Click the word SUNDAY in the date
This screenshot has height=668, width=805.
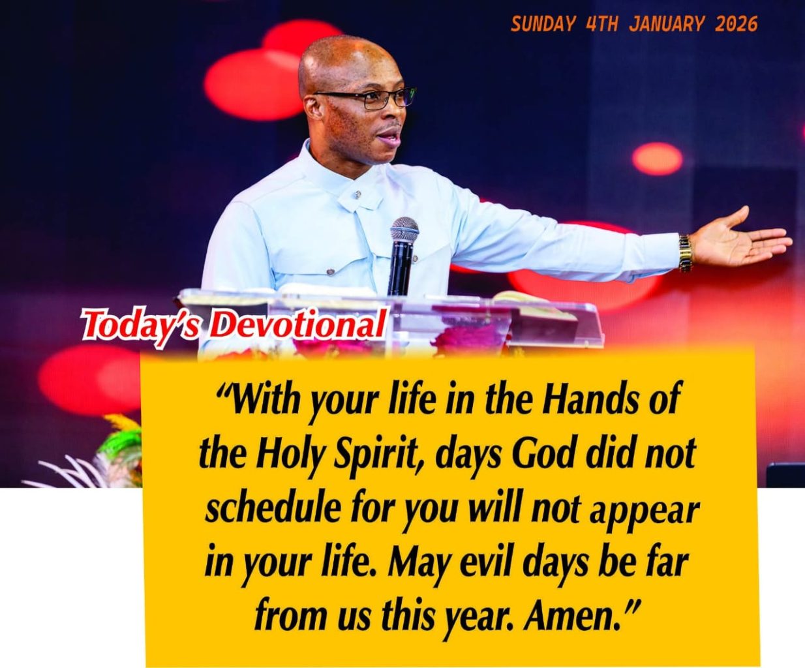(542, 24)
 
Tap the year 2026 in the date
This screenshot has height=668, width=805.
(736, 24)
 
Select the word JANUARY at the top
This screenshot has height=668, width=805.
(667, 24)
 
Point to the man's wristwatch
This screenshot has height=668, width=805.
(684, 252)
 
